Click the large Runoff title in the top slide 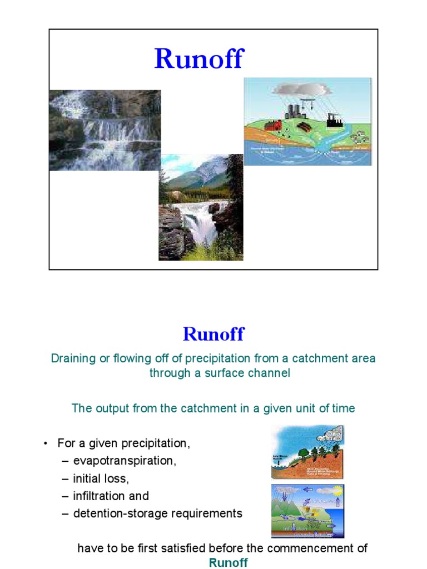(198, 58)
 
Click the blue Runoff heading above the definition (213, 335)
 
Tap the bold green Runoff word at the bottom (228, 562)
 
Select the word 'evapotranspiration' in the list (125, 461)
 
